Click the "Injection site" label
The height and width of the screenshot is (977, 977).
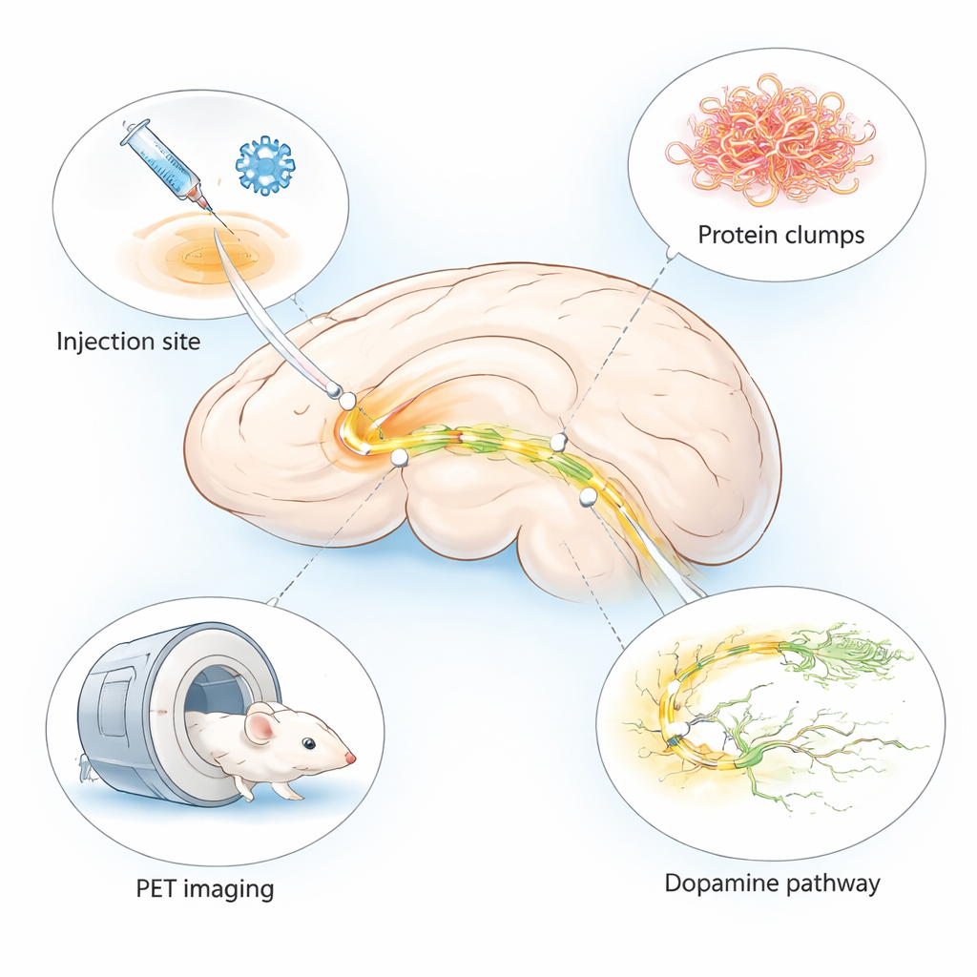[129, 341]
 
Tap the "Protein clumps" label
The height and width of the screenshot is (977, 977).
[780, 235]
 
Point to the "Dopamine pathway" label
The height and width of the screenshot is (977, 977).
[772, 883]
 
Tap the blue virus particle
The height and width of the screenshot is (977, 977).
[264, 165]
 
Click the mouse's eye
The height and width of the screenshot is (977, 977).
[307, 743]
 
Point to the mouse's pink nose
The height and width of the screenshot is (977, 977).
[350, 758]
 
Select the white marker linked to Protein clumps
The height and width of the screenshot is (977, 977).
[559, 441]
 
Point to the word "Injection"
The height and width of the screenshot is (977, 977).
[94, 341]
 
